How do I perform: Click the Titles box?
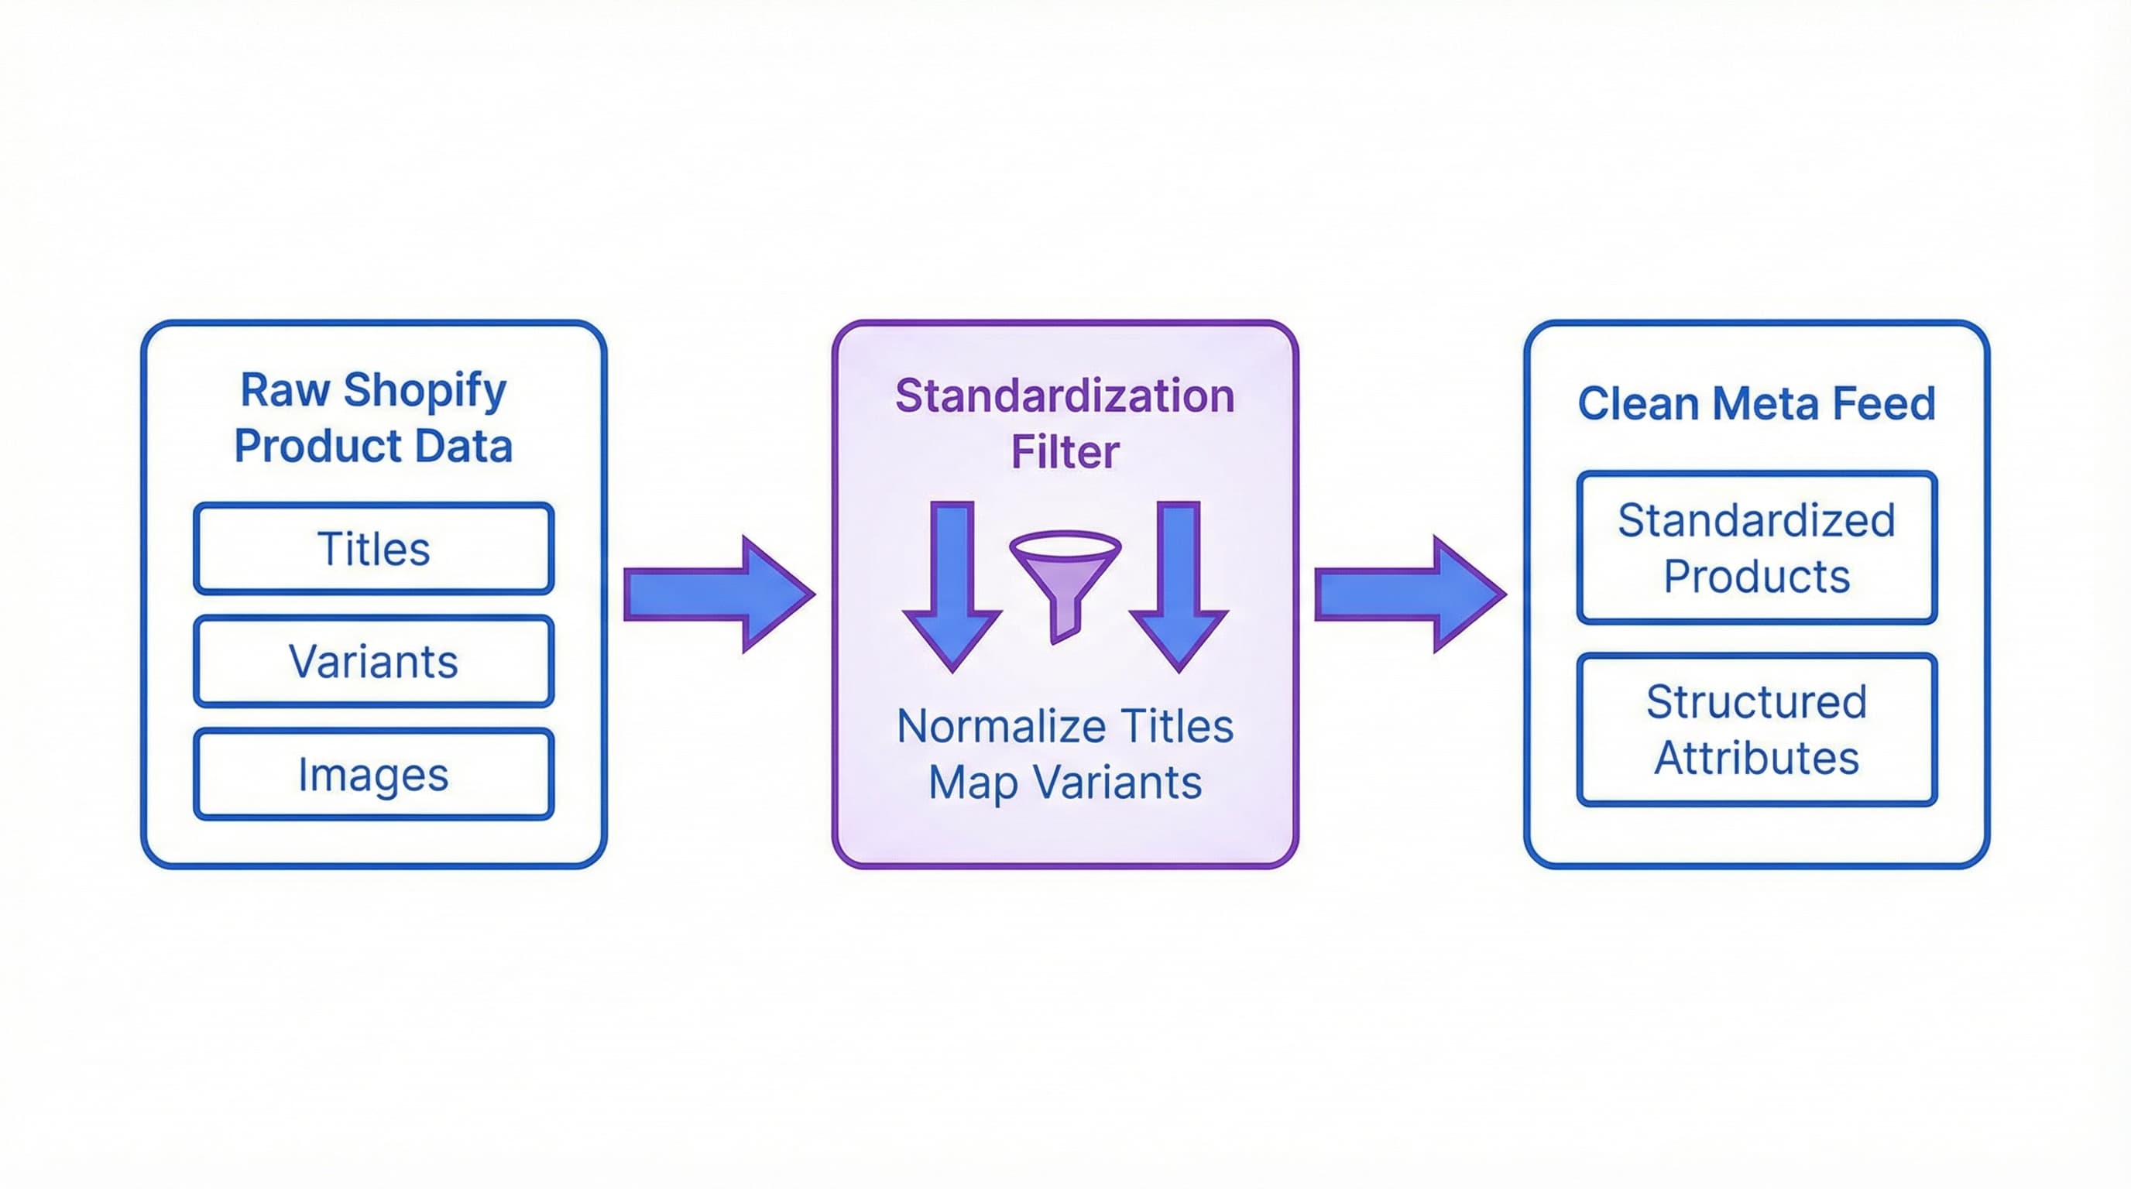[x=373, y=548]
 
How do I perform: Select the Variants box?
[x=373, y=662]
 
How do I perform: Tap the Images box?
[x=373, y=775]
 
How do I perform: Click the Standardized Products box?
[x=1756, y=547]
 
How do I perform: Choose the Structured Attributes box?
[x=1756, y=729]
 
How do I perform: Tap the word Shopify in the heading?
[x=424, y=390]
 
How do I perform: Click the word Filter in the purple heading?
[x=1065, y=452]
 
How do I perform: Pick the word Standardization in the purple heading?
[x=1065, y=396]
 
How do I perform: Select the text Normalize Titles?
[x=1065, y=726]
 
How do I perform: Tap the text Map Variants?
[x=1065, y=782]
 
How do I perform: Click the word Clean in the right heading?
[x=1637, y=403]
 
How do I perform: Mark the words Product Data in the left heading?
[x=373, y=446]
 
